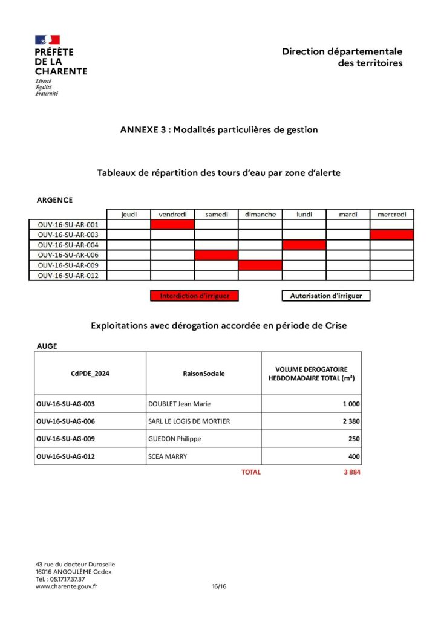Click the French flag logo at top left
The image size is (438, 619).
coord(47,40)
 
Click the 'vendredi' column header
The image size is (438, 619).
coord(172,214)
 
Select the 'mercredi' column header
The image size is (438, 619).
coord(392,214)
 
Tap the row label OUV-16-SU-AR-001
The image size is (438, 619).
coord(68,224)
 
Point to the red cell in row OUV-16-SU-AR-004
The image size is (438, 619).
coord(304,245)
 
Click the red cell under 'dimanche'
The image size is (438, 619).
coord(260,265)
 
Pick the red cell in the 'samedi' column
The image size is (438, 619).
coord(216,255)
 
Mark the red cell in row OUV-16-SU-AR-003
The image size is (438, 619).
coord(392,235)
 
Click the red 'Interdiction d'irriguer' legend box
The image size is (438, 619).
coord(194,296)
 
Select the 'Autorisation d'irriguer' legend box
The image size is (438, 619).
coord(326,296)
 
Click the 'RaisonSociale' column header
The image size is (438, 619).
coord(203,374)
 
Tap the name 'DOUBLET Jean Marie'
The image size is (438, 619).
coord(179,404)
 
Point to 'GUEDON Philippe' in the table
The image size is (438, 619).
coord(174,439)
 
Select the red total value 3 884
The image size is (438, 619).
coord(351,472)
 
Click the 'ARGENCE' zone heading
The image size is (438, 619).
coord(54,200)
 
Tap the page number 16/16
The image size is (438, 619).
coord(219,586)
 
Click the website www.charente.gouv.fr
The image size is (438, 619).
coord(67,586)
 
